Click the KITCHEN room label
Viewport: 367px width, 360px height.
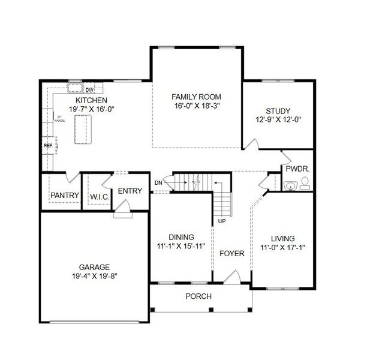click(x=92, y=100)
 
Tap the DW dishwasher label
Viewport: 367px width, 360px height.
click(x=88, y=90)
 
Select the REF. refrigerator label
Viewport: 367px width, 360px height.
click(x=47, y=145)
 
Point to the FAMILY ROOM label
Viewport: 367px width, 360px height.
click(x=196, y=97)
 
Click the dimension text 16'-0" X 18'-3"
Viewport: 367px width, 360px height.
click(x=196, y=106)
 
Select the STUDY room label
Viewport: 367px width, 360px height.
click(x=278, y=111)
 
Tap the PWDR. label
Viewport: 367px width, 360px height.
click(x=297, y=169)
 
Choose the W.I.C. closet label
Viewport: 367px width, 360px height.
click(x=99, y=196)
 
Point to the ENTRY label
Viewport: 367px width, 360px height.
click(x=130, y=191)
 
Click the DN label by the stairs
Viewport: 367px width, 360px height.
click(x=158, y=182)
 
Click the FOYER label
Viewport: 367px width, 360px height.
click(x=231, y=253)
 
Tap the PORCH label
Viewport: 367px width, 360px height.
click(x=198, y=296)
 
